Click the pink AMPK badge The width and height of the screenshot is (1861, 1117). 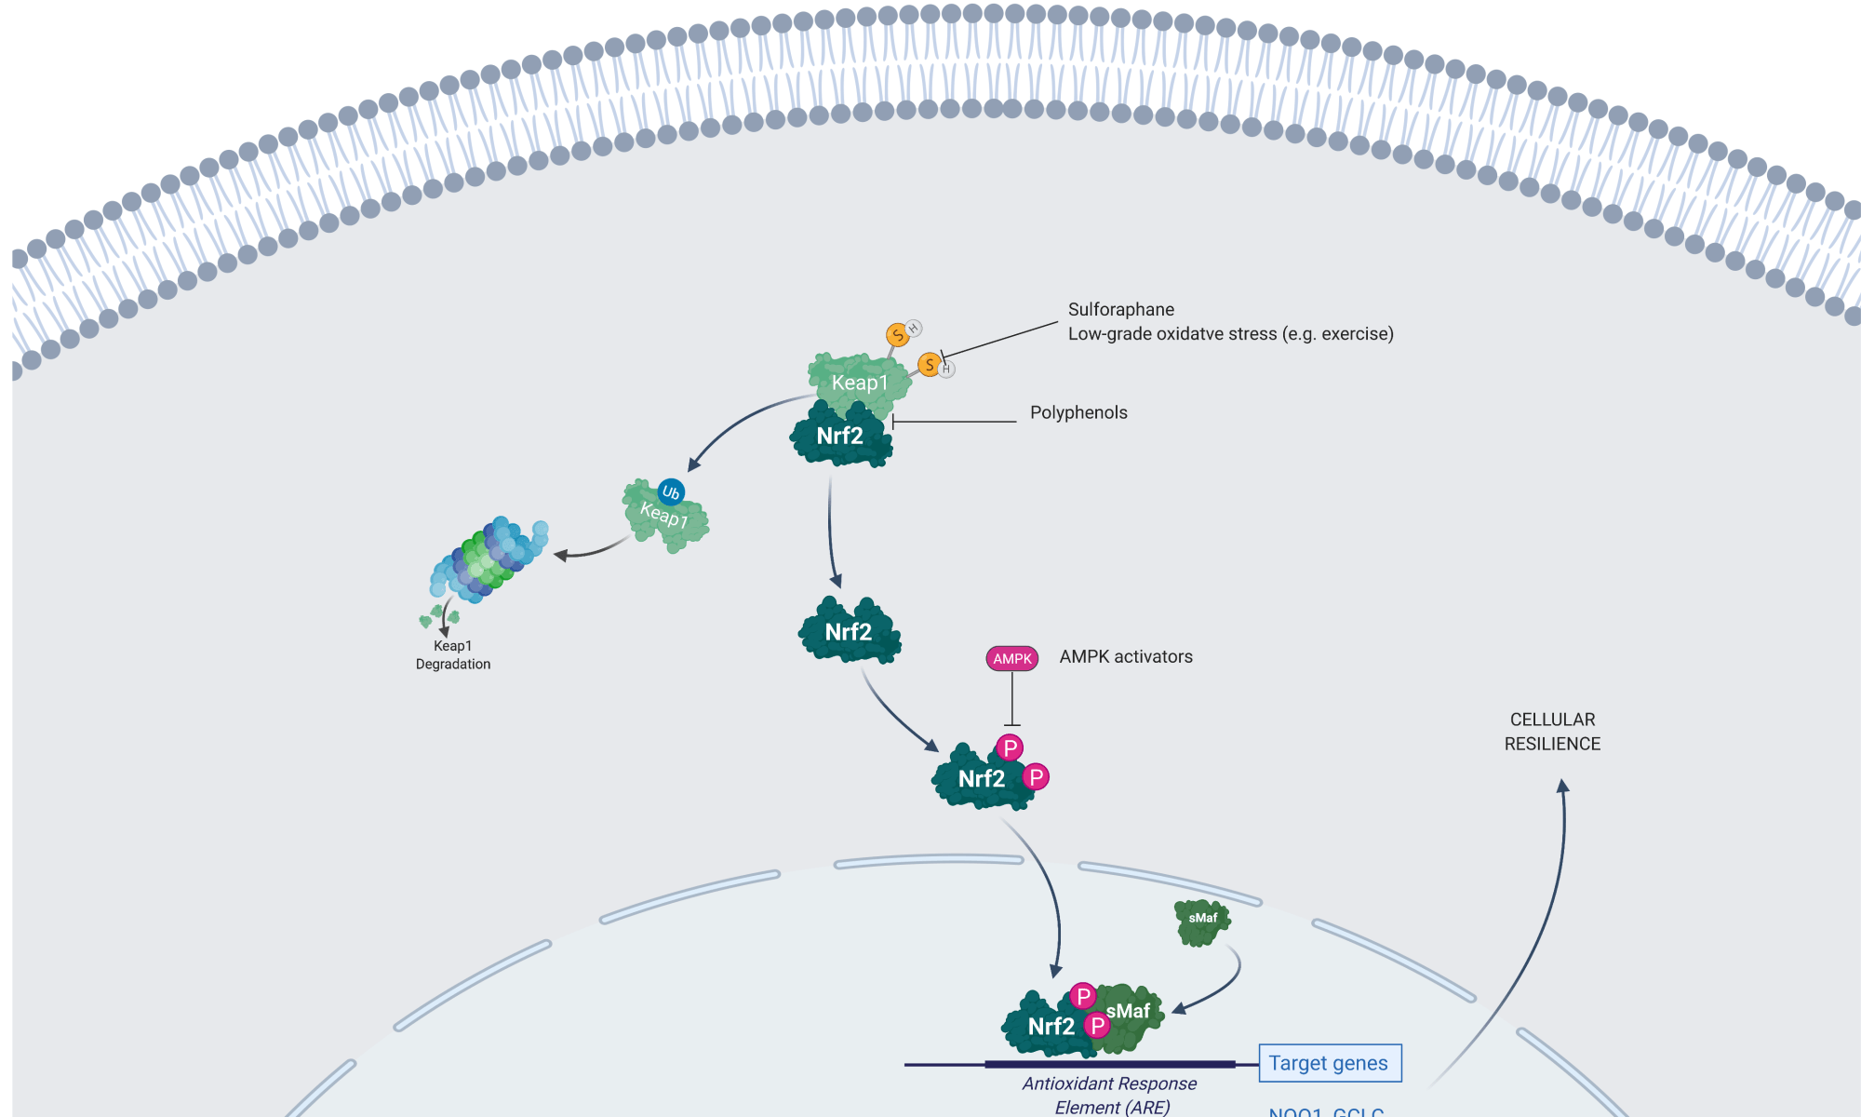coord(1011,659)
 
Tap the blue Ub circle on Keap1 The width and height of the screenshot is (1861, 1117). coord(671,492)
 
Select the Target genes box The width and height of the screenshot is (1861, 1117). coord(1329,1063)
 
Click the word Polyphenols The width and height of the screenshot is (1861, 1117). coord(1078,412)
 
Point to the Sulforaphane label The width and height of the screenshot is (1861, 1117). coord(1120,309)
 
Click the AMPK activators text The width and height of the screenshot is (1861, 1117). coord(1126,656)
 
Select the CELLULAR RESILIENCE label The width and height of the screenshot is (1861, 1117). coord(1552,732)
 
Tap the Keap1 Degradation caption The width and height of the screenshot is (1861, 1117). coord(453,654)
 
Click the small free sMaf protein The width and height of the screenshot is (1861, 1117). coord(1202,921)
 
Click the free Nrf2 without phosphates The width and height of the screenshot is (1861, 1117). coord(849,632)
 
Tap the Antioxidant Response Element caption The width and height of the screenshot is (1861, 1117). coord(1110,1095)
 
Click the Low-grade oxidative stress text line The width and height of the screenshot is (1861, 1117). coord(1230,334)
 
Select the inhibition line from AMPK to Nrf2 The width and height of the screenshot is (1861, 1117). coord(1012,698)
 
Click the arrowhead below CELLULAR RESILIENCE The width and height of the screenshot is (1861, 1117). coord(1563,786)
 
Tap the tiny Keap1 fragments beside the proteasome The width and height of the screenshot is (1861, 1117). coord(438,616)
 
